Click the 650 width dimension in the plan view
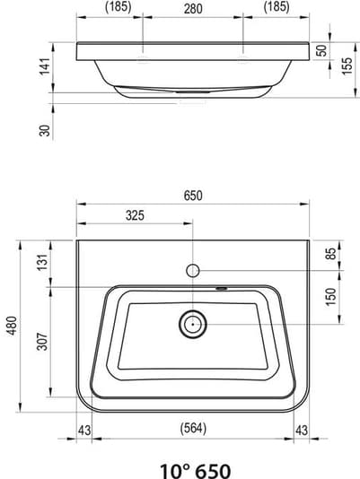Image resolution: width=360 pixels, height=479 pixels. pyautogui.click(x=193, y=196)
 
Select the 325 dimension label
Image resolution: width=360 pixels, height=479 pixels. pyautogui.click(x=135, y=215)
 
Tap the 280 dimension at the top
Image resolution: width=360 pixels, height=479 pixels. pyautogui.click(x=193, y=9)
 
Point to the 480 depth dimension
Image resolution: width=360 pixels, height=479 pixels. pyautogui.click(x=13, y=326)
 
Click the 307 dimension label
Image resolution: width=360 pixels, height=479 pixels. pyautogui.click(x=42, y=341)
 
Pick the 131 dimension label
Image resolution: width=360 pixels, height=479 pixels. pyautogui.click(x=42, y=262)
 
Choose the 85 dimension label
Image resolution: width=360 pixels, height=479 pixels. pyautogui.click(x=330, y=254)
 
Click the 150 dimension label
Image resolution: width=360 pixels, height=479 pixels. pyautogui.click(x=330, y=296)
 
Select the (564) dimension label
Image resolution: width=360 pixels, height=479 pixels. pyautogui.click(x=193, y=428)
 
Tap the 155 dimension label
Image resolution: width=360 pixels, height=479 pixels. pyautogui.click(x=347, y=66)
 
